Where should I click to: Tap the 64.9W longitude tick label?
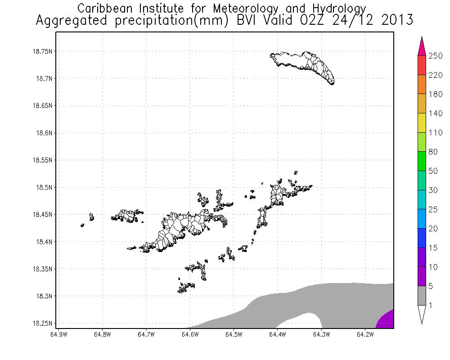[x=59, y=334]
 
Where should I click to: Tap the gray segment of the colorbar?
[x=422, y=296]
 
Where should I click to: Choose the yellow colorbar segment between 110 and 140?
[x=422, y=123]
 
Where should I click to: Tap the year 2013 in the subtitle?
[x=396, y=20]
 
